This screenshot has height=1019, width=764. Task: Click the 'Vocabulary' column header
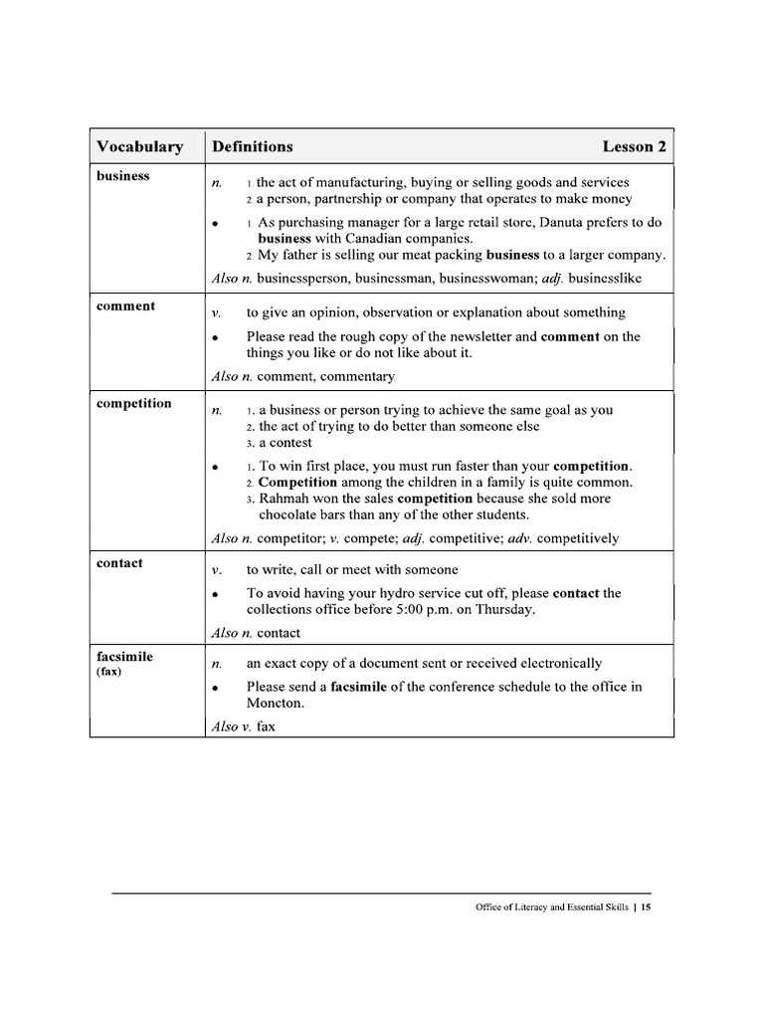point(139,147)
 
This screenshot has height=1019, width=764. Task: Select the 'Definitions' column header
point(252,147)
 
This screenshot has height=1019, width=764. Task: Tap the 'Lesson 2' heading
point(634,147)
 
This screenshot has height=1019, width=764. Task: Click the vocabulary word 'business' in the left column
point(122,176)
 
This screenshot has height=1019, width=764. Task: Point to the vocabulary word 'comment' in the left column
point(125,306)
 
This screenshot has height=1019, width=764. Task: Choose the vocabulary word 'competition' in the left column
point(133,404)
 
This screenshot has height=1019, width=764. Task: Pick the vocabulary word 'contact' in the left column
point(119,563)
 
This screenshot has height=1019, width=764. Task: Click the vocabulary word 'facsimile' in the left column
point(124,658)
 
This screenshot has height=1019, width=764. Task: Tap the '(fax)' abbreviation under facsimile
point(108,672)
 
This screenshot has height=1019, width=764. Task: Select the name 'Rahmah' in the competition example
point(284,499)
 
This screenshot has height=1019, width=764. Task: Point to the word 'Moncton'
point(274,704)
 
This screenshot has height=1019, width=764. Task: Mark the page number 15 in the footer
point(646,908)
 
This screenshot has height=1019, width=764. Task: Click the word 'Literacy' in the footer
point(533,908)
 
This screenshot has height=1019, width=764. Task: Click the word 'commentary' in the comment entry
point(356,377)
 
